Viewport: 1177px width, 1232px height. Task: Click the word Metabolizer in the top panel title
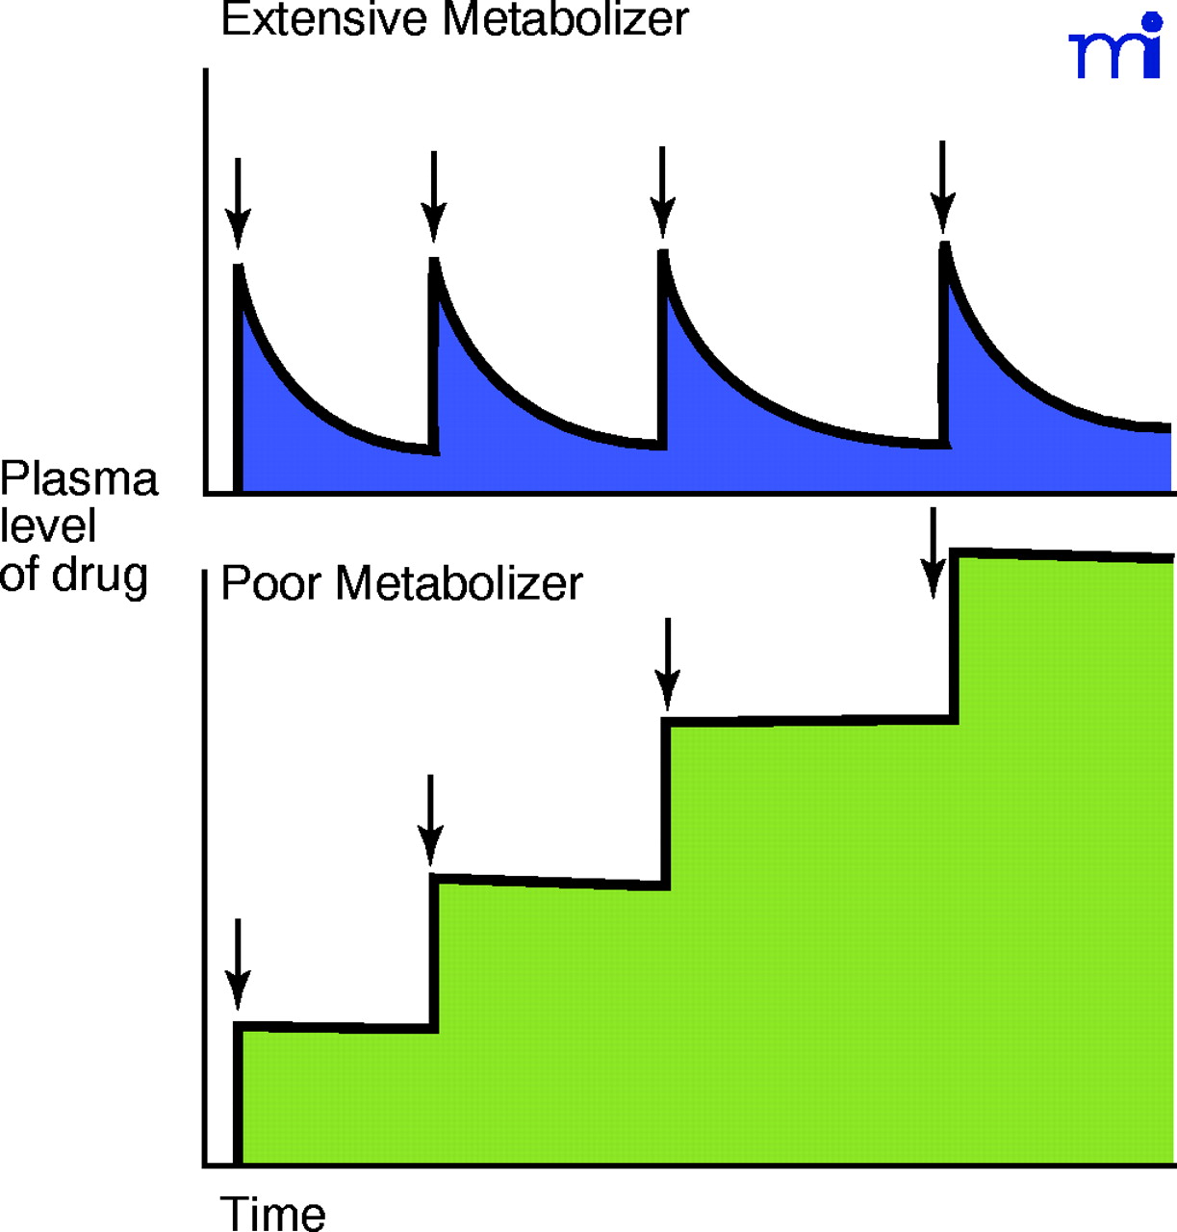[566, 19]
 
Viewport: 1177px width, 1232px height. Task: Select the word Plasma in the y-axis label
[79, 478]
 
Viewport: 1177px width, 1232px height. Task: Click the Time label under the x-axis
[273, 1213]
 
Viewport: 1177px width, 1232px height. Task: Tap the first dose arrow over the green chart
[237, 962]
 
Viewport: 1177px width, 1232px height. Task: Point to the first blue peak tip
[238, 267]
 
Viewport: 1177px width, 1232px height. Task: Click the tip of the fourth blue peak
[945, 246]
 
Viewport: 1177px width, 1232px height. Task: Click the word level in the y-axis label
[48, 526]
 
